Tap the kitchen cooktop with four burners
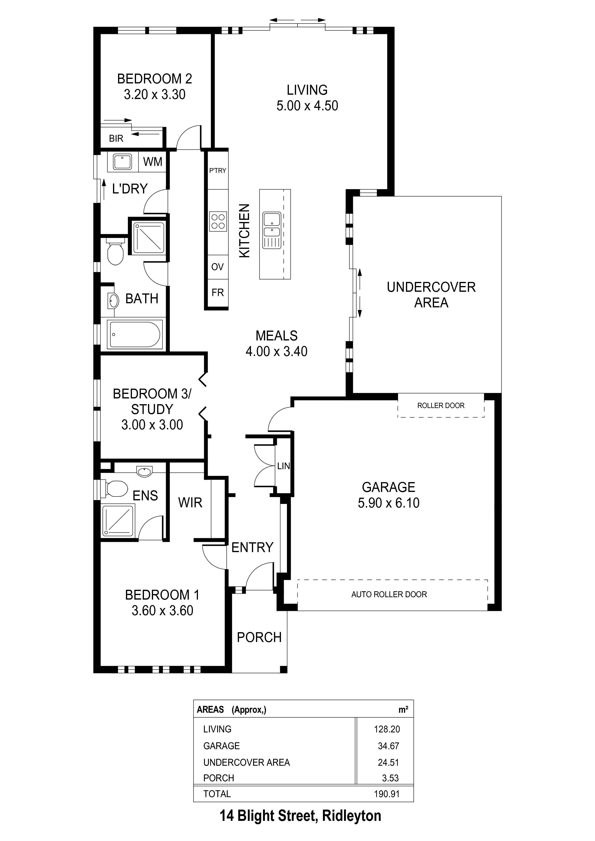pyautogui.click(x=218, y=221)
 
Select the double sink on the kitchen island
pyautogui.click(x=271, y=230)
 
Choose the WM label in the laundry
pyautogui.click(x=153, y=162)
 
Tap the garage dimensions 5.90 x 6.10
pyautogui.click(x=389, y=503)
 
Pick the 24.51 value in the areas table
pyautogui.click(x=389, y=762)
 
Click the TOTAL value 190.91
pyautogui.click(x=387, y=794)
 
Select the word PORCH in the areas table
pyautogui.click(x=219, y=778)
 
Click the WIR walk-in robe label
pyautogui.click(x=190, y=502)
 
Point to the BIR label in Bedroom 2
pyautogui.click(x=116, y=139)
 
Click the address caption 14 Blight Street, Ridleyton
pyautogui.click(x=300, y=816)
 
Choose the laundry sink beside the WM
pyautogui.click(x=122, y=162)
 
